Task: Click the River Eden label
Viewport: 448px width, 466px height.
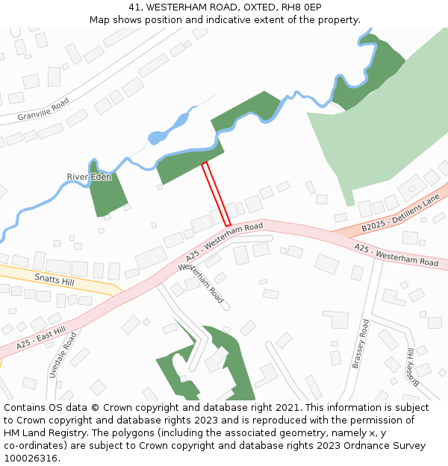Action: click(89, 177)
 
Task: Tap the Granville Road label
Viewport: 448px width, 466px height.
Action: click(44, 109)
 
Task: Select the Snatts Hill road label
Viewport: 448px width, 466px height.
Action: click(55, 279)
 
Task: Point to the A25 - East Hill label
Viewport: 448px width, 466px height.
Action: click(42, 339)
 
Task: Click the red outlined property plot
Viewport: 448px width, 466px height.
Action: click(216, 194)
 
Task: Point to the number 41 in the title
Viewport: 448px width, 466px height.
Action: click(134, 7)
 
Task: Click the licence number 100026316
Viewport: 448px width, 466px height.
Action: click(31, 458)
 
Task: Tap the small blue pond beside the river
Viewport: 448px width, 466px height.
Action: click(158, 136)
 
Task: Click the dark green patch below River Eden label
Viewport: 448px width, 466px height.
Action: click(108, 195)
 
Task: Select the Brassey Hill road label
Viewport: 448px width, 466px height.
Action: click(410, 364)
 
